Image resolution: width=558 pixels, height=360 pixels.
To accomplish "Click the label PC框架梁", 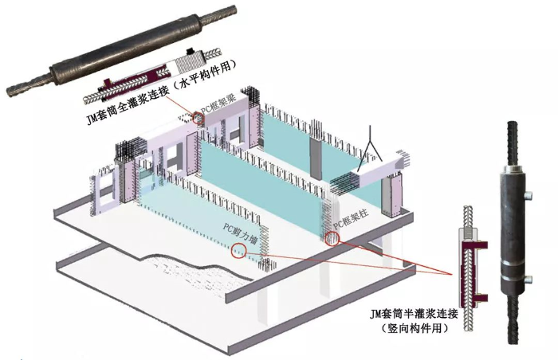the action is [216, 106].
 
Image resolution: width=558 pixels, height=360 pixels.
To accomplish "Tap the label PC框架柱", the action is [351, 219].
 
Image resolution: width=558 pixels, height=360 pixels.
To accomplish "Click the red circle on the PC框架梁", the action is [199, 119].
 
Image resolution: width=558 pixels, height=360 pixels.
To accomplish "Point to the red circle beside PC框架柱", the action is [332, 238].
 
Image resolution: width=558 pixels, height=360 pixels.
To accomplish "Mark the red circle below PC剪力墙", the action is [238, 250].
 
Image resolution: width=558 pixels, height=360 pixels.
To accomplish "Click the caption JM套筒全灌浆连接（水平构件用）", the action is [162, 92].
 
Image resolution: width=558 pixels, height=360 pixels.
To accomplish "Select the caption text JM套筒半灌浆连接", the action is [414, 314].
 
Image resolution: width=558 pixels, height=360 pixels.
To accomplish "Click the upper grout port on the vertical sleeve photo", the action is [529, 195].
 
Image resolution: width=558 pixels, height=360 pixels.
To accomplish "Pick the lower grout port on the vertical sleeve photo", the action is [529, 280].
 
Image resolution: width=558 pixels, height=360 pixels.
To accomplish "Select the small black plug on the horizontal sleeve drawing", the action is [191, 51].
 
